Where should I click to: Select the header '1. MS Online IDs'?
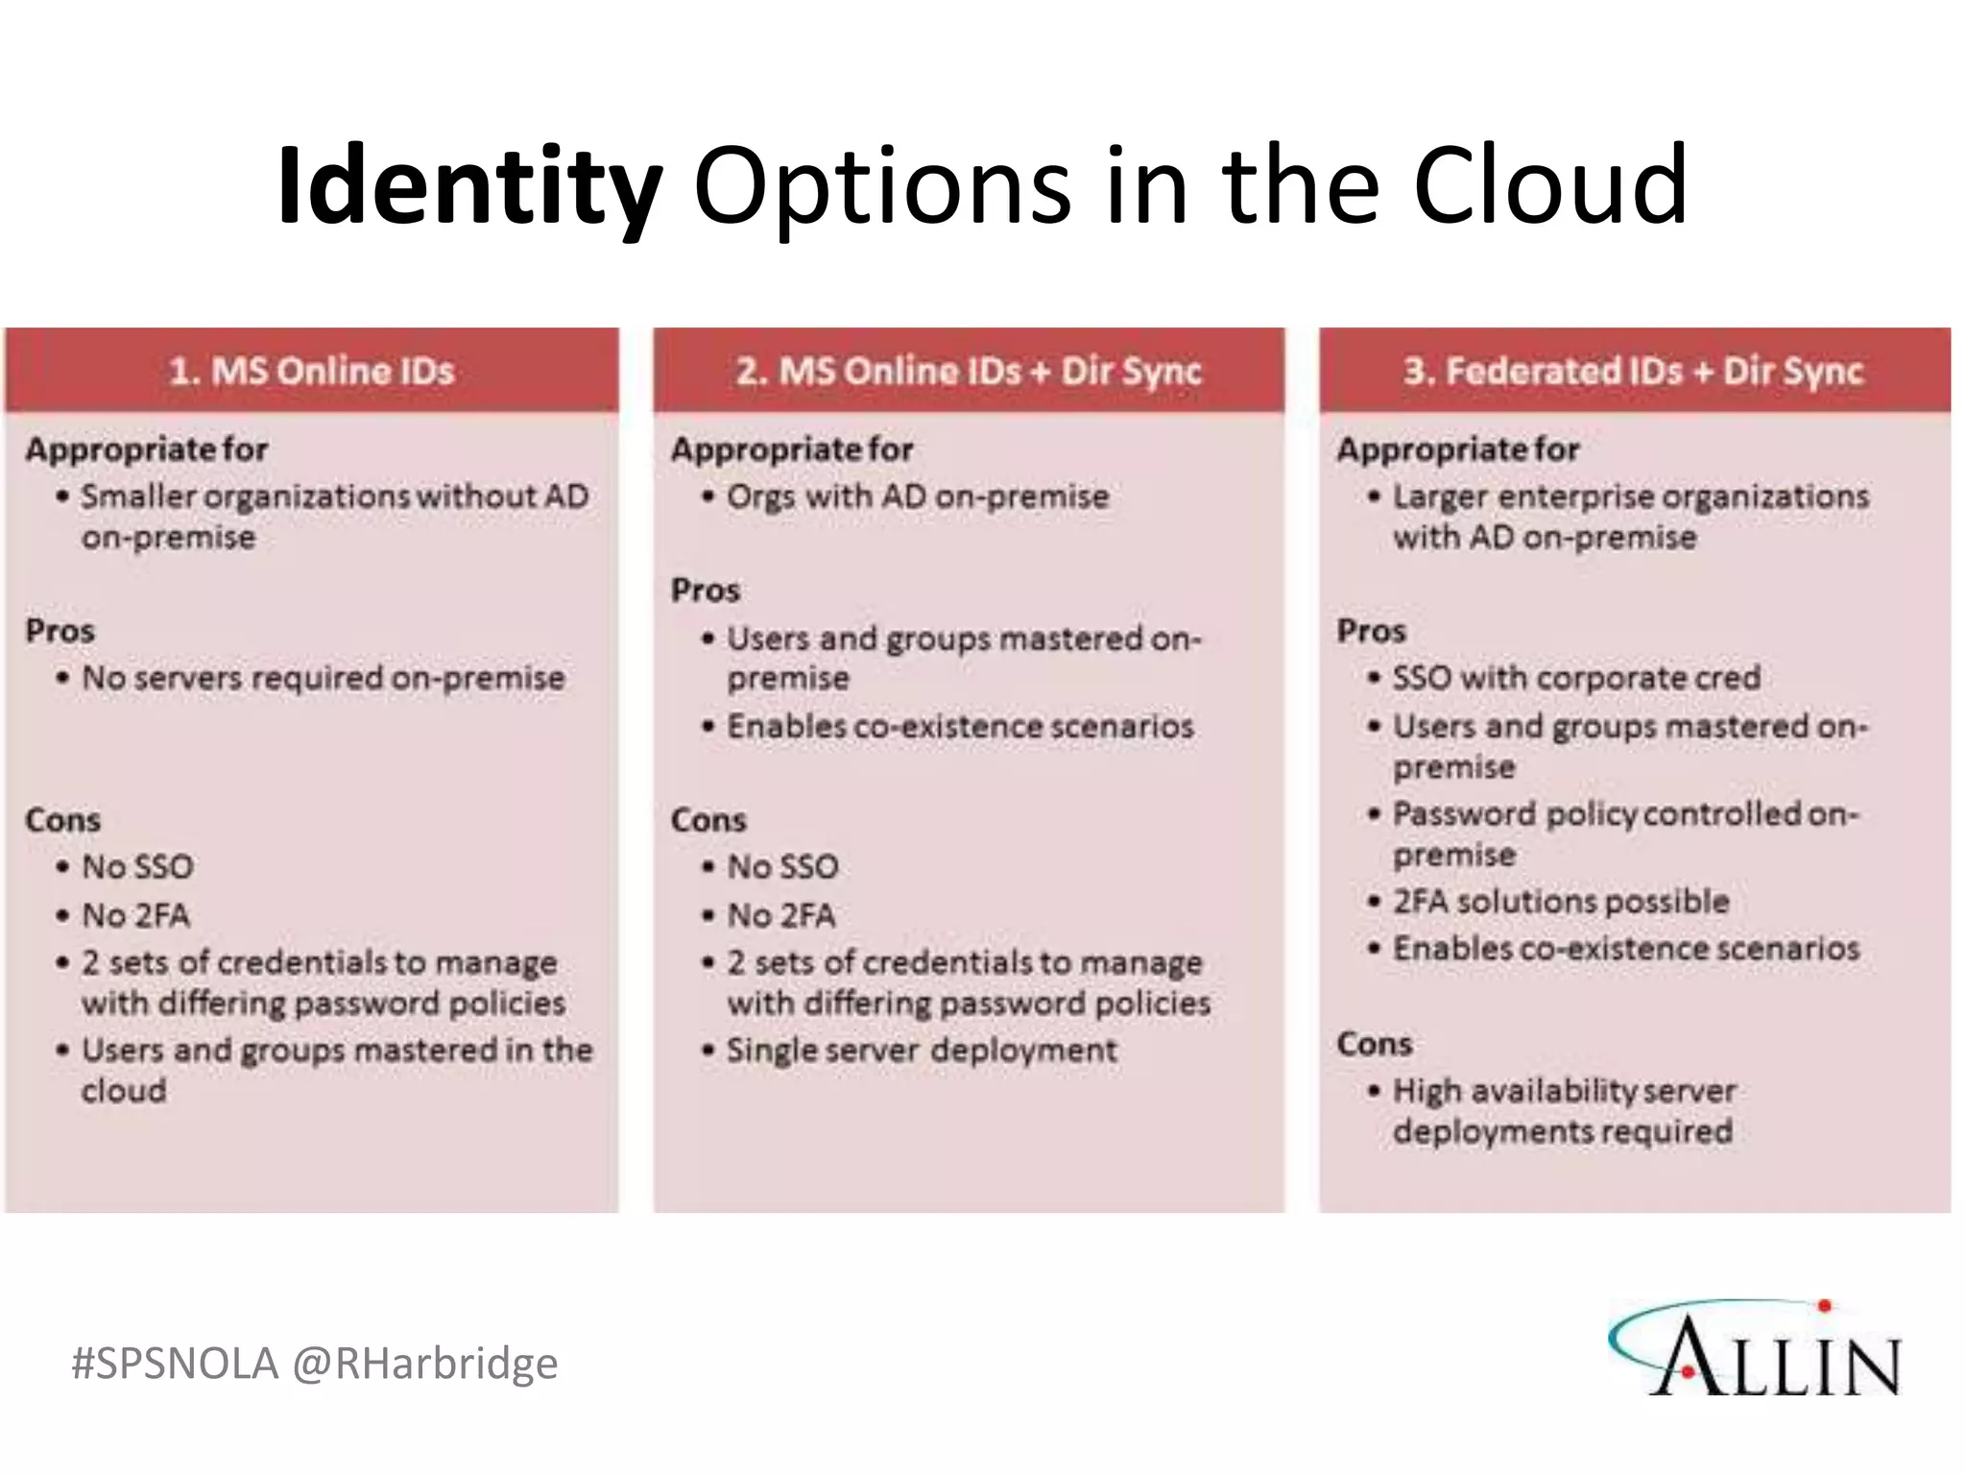coord(311,372)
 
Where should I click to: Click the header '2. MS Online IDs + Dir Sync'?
coord(968,372)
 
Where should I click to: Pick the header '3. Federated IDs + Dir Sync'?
coord(1633,372)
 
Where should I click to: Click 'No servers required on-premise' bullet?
coord(323,678)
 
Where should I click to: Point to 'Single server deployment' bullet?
coord(922,1050)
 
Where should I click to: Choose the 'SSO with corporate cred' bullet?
coord(1576,678)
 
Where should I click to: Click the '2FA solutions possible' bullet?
coord(1561,902)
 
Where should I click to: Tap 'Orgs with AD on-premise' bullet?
coord(917,496)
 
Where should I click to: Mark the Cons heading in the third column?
coord(1374,1044)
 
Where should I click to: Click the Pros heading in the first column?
coord(60,631)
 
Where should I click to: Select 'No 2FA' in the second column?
coord(780,915)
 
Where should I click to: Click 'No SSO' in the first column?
coord(137,867)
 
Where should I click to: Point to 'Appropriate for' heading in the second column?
coord(792,449)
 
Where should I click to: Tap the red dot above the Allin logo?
coord(1825,1306)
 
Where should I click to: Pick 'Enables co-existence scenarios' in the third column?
coord(1626,949)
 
